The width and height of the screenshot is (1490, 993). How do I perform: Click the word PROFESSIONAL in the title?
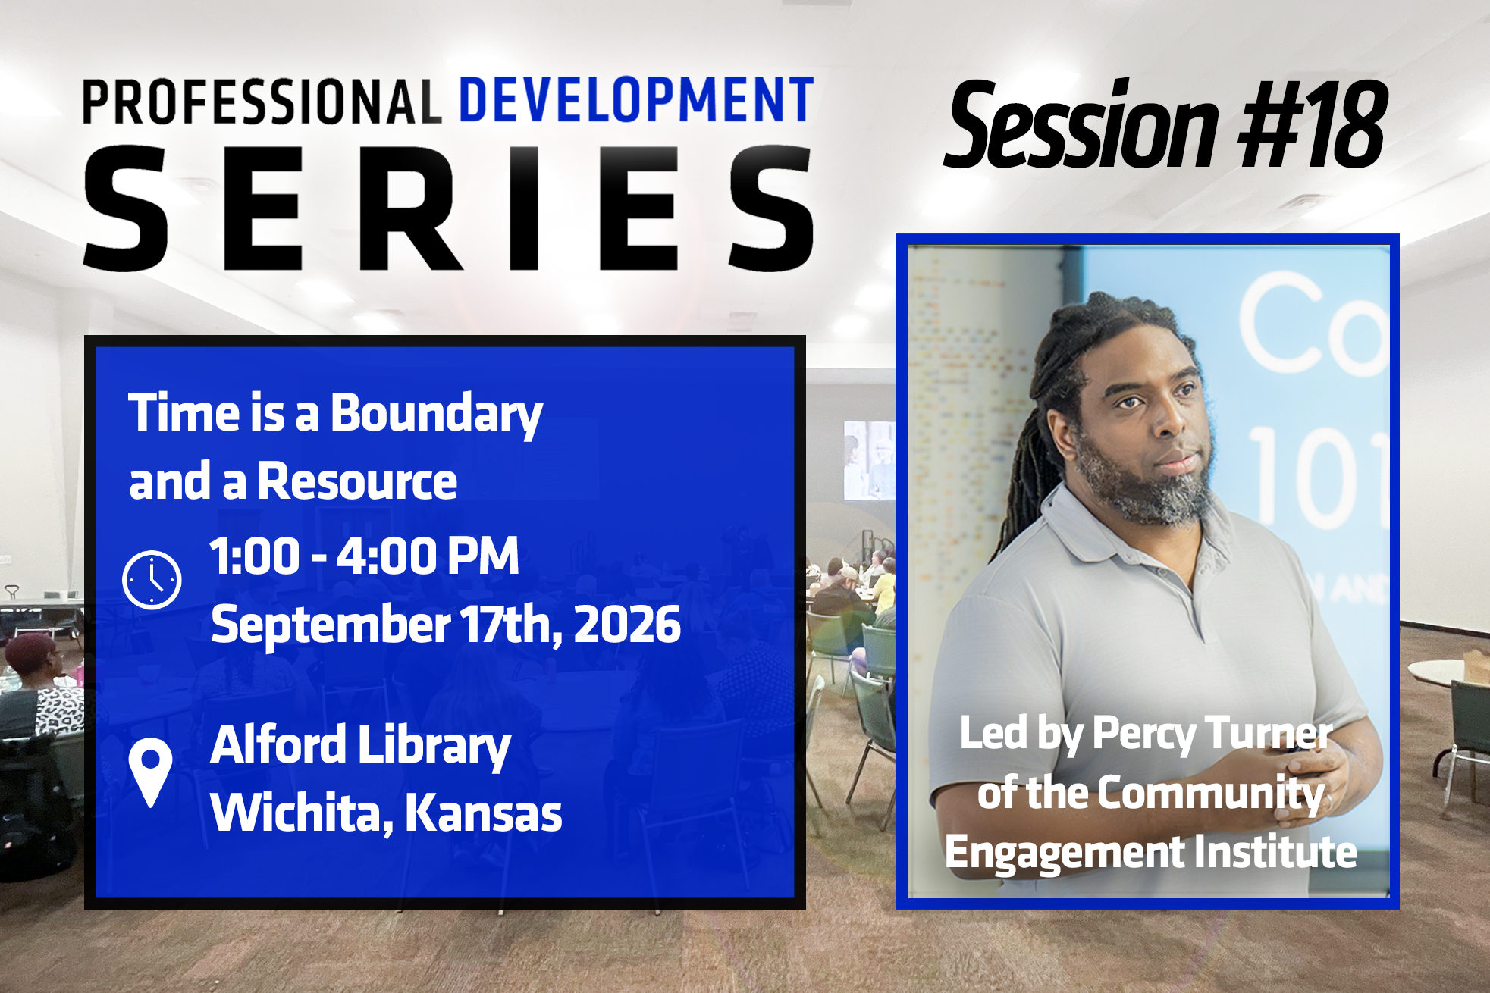262,102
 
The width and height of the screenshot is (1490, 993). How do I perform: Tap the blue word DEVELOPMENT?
637,99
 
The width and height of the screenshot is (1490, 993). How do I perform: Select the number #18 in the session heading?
1313,125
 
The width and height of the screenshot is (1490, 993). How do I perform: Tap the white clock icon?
152,580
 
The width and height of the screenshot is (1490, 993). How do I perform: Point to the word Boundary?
437,415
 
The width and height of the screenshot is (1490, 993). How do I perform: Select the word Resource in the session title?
357,481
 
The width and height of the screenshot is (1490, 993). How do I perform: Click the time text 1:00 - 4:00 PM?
364,556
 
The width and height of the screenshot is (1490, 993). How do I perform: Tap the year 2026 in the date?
627,625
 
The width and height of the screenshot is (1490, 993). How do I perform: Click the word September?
331,626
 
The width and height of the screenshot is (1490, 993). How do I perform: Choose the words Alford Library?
361,746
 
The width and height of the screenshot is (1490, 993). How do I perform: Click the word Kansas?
483,813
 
